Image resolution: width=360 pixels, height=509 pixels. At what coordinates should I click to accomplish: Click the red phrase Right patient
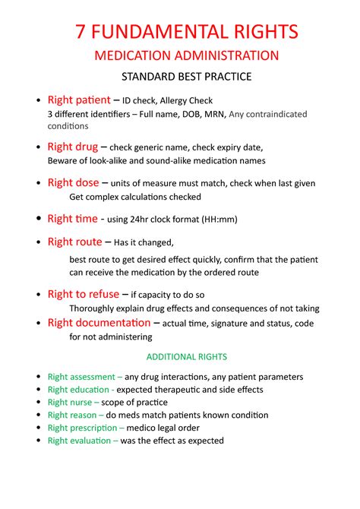pos(78,100)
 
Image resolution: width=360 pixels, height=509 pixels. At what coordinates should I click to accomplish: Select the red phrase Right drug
pos(72,147)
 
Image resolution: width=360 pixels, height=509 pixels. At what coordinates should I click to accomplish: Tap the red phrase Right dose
pos(73,182)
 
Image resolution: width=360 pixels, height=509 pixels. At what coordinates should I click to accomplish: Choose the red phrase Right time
pos(72,219)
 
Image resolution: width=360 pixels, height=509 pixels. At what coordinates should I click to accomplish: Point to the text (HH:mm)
pos(219,220)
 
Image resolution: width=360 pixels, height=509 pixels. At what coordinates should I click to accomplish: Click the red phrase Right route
pos(74,242)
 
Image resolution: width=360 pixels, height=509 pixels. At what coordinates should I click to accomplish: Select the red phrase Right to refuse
pos(83,294)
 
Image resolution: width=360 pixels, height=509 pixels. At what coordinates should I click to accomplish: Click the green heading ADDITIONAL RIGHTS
pos(187,356)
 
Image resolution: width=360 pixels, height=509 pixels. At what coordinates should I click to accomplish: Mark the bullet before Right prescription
pos(39,428)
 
